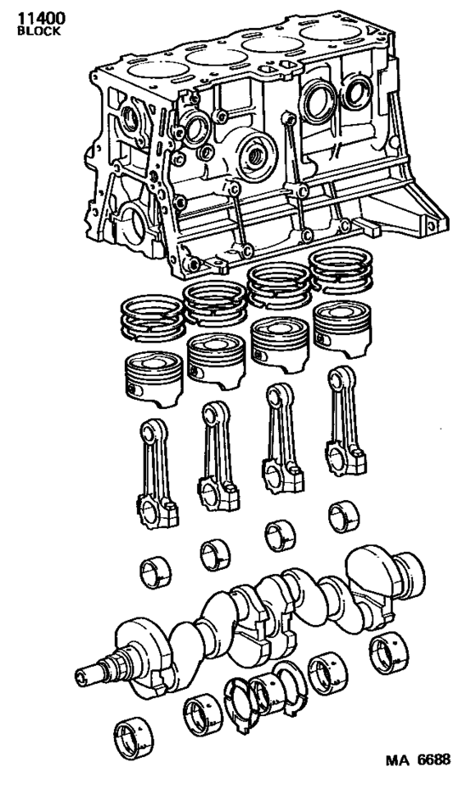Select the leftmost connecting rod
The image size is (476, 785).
click(x=157, y=465)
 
